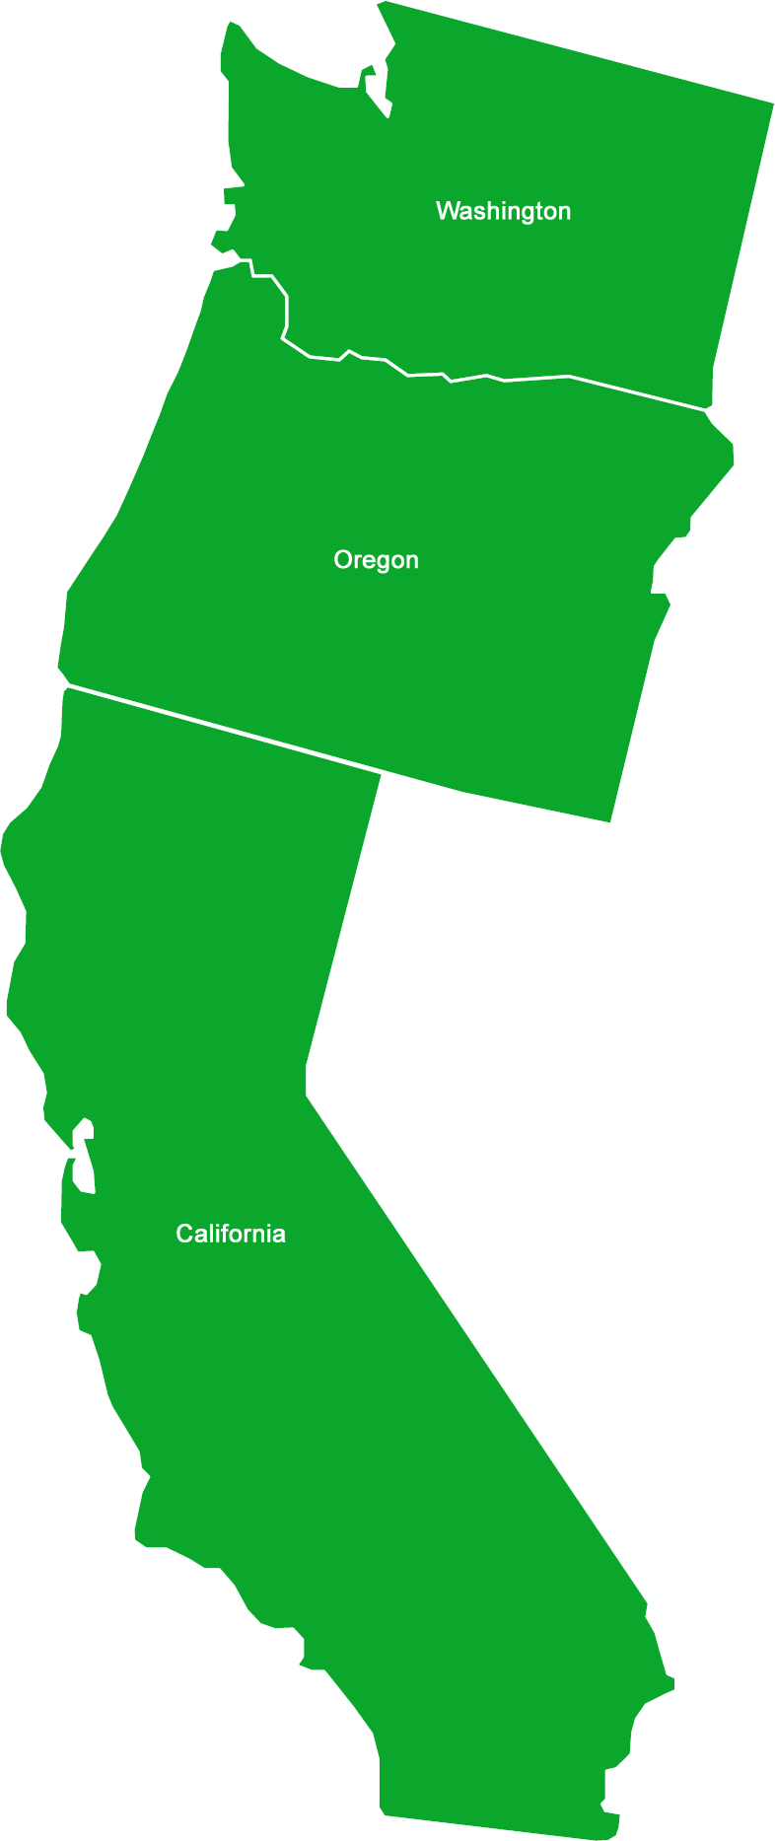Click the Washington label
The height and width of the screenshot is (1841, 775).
pyautogui.click(x=503, y=211)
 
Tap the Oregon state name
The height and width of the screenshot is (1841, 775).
pyautogui.click(x=376, y=560)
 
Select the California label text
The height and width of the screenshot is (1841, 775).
pyautogui.click(x=231, y=1234)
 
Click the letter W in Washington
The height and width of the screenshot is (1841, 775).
pyautogui.click(x=446, y=210)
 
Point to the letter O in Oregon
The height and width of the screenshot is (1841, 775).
pyautogui.click(x=342, y=560)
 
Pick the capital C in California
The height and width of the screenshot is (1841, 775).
pyautogui.click(x=183, y=1234)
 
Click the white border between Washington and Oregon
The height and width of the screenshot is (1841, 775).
pyautogui.click(x=493, y=378)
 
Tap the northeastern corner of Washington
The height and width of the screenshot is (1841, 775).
pyautogui.click(x=771, y=103)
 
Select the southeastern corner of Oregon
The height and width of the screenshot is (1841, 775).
pyautogui.click(x=609, y=819)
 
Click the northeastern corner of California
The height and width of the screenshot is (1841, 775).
pyautogui.click(x=379, y=776)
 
